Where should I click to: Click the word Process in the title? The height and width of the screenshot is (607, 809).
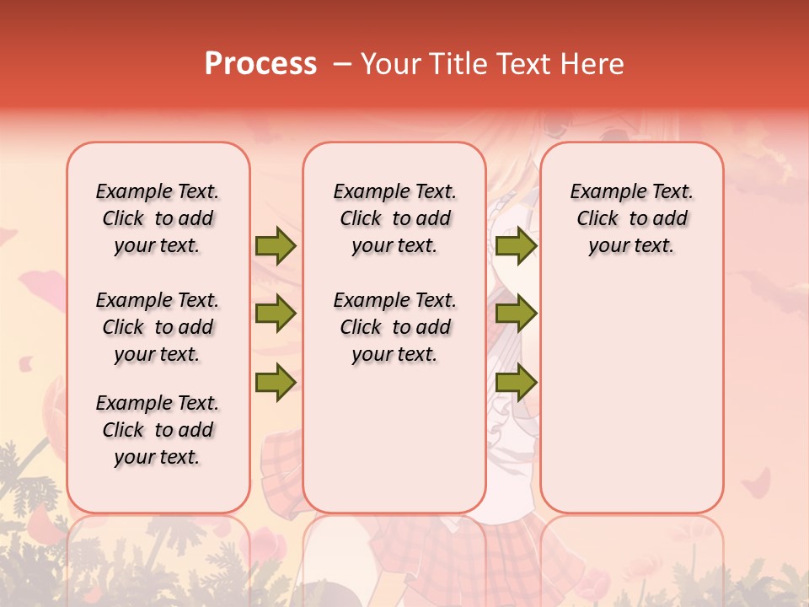click(260, 64)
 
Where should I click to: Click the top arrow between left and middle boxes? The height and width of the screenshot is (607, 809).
click(276, 246)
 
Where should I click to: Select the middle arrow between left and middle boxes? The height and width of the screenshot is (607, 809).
click(276, 314)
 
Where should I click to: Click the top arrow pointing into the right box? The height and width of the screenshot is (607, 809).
click(516, 246)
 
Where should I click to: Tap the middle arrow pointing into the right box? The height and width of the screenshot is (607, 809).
click(516, 314)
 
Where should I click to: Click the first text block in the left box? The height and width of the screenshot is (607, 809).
click(158, 218)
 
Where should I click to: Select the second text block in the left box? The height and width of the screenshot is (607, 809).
click(158, 327)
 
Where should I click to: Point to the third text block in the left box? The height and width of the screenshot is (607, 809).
click(158, 430)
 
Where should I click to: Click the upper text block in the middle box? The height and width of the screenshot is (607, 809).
click(394, 218)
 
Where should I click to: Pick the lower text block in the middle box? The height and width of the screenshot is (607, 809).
click(394, 327)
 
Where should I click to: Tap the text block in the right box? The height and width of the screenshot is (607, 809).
click(631, 218)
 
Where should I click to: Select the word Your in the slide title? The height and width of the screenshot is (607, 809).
click(390, 64)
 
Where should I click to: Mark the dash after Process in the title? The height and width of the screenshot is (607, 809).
click(342, 64)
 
